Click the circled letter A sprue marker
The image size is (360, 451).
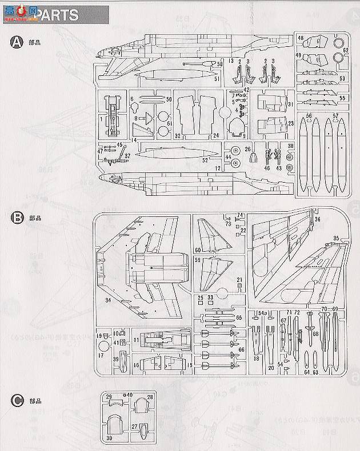tap(17, 43)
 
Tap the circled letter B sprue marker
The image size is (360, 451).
tap(17, 218)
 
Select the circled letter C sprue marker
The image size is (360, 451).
tap(17, 401)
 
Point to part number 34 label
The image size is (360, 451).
tap(107, 301)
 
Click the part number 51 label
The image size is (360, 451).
tap(218, 79)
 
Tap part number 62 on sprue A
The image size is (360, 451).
tap(346, 50)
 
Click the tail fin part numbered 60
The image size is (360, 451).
tap(210, 237)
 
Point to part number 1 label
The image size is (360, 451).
tap(101, 119)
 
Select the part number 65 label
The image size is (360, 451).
tap(239, 317)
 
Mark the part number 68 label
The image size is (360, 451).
tap(315, 333)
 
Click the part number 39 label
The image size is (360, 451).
tap(115, 359)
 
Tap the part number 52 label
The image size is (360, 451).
tap(204, 160)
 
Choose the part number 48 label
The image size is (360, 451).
tap(301, 38)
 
